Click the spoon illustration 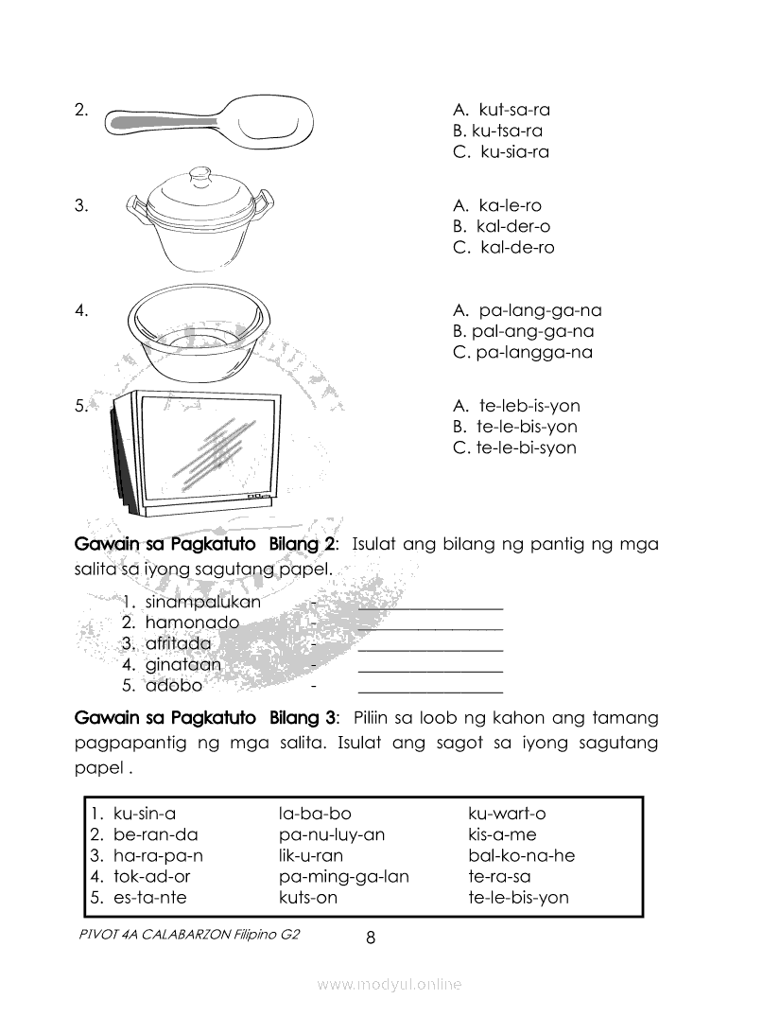210,122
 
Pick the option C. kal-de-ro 503,248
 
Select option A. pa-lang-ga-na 527,310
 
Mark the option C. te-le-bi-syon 514,447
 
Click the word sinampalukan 202,602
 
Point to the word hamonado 192,622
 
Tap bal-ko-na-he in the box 521,855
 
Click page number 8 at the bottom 371,938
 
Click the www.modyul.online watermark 390,985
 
